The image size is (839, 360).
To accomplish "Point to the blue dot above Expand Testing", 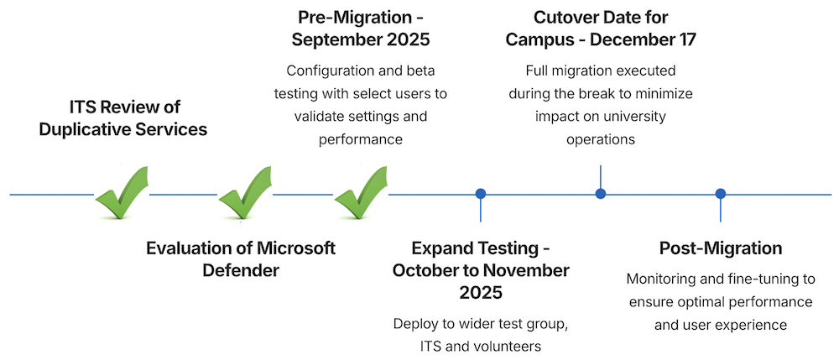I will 481,194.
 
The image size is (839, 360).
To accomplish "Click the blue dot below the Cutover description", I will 601,194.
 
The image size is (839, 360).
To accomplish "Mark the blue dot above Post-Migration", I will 720,194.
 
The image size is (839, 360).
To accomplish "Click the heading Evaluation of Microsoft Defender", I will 241,259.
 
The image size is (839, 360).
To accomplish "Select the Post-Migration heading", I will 720,248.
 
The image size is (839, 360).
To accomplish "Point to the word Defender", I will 241,270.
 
